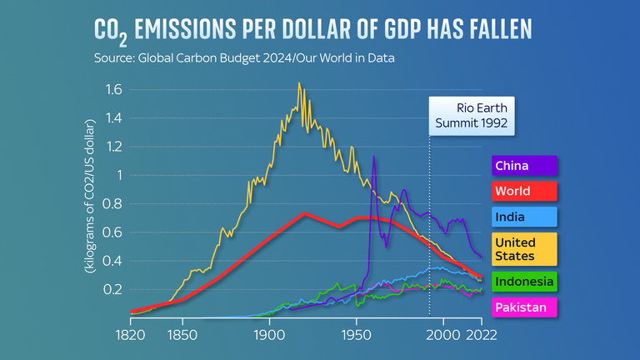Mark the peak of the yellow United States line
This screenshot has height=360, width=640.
[298, 83]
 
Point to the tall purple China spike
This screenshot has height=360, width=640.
[374, 157]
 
